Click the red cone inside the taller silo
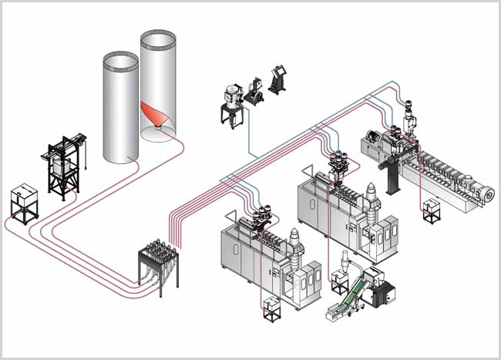tap(156, 115)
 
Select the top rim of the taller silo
tap(158, 37)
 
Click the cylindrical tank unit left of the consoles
tap(230, 100)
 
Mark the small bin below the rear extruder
tap(431, 210)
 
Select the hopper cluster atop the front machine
tap(257, 215)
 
